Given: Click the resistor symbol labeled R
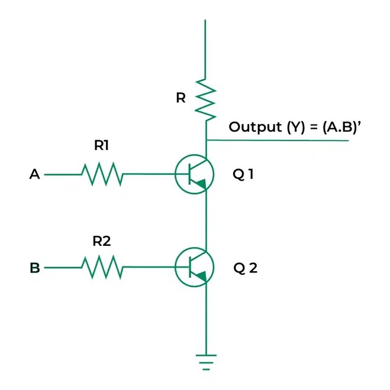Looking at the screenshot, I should pos(205,99).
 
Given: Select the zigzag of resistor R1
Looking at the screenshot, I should pos(102,175).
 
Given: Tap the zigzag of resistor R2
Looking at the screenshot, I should pos(102,268).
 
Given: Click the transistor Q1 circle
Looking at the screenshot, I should pos(193,175).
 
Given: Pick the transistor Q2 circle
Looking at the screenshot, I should pos(193,268).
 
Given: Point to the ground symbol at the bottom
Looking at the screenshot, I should pos(205,361).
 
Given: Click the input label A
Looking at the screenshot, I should pos(34,175).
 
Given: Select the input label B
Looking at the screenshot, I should pos(35,268).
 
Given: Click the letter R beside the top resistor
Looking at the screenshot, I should pos(181,98).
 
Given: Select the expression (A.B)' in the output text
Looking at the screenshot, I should pos(339,127).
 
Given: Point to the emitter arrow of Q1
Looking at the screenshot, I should pos(201,185).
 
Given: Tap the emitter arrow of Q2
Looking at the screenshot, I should pos(201,277).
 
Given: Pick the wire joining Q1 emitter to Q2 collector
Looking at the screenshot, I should pos(205,222).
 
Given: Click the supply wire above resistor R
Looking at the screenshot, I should pos(205,47).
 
